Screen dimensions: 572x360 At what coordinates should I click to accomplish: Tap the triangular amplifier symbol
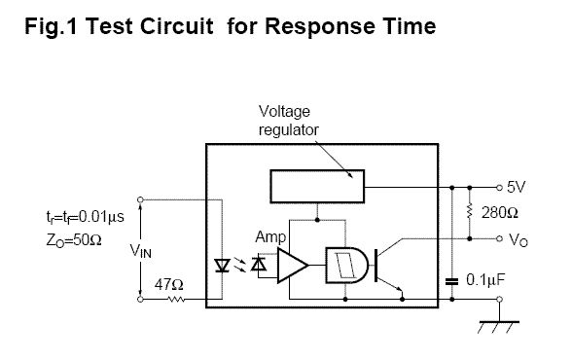(x=292, y=266)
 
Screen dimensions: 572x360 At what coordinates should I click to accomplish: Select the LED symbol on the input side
(x=222, y=266)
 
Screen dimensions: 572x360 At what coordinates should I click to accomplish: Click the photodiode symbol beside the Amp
(x=259, y=264)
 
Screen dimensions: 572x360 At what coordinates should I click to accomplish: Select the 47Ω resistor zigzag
(x=176, y=300)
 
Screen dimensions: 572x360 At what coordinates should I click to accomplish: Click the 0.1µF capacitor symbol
(x=451, y=281)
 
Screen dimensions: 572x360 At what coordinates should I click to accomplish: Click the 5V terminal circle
(x=499, y=188)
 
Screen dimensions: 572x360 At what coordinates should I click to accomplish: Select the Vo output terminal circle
(x=499, y=238)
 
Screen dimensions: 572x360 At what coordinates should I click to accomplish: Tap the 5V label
(x=517, y=187)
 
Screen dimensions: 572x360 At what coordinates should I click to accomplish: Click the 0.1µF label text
(x=485, y=280)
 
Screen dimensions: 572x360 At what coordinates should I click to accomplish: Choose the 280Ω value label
(x=499, y=213)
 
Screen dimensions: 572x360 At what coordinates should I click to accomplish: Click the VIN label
(x=140, y=251)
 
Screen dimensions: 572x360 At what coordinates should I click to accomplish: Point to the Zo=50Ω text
(x=74, y=240)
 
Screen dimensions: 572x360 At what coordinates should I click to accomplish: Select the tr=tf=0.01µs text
(x=85, y=217)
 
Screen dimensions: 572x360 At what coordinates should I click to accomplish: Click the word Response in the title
(x=319, y=27)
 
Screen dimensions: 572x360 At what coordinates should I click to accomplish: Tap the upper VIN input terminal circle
(x=140, y=199)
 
